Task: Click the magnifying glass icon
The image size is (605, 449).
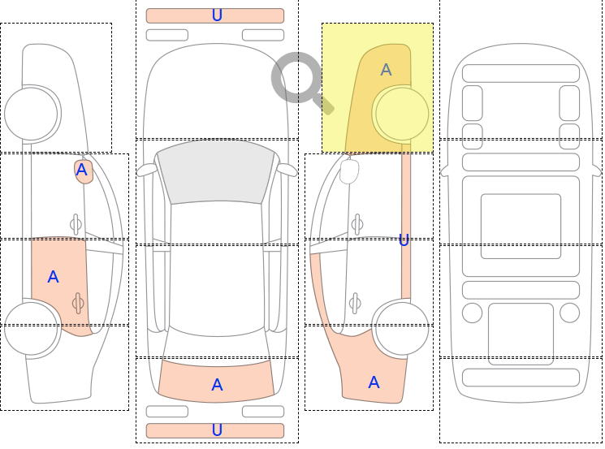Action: (298, 79)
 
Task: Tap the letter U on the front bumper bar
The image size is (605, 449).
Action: (217, 15)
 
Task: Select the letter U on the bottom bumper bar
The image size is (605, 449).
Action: (217, 430)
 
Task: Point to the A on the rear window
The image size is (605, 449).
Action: (217, 385)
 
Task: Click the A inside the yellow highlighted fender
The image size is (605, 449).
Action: (386, 70)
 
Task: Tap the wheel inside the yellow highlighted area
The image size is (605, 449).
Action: (401, 114)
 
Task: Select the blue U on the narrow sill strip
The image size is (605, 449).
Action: (404, 240)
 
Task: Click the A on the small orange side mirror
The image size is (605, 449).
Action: (81, 170)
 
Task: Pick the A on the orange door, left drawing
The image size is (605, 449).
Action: (53, 277)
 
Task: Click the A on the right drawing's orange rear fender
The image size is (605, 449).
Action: (374, 382)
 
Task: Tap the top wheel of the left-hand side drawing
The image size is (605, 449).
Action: (32, 114)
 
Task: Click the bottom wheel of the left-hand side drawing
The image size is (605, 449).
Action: (31, 328)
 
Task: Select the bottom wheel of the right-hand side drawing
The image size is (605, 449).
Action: (402, 328)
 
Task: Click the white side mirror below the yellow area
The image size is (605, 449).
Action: (349, 171)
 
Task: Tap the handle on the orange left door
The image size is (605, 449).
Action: (78, 303)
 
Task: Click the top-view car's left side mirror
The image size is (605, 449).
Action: (146, 170)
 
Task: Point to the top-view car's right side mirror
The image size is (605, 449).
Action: (287, 170)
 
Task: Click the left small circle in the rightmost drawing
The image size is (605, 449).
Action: (472, 313)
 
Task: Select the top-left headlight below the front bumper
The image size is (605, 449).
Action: (166, 35)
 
